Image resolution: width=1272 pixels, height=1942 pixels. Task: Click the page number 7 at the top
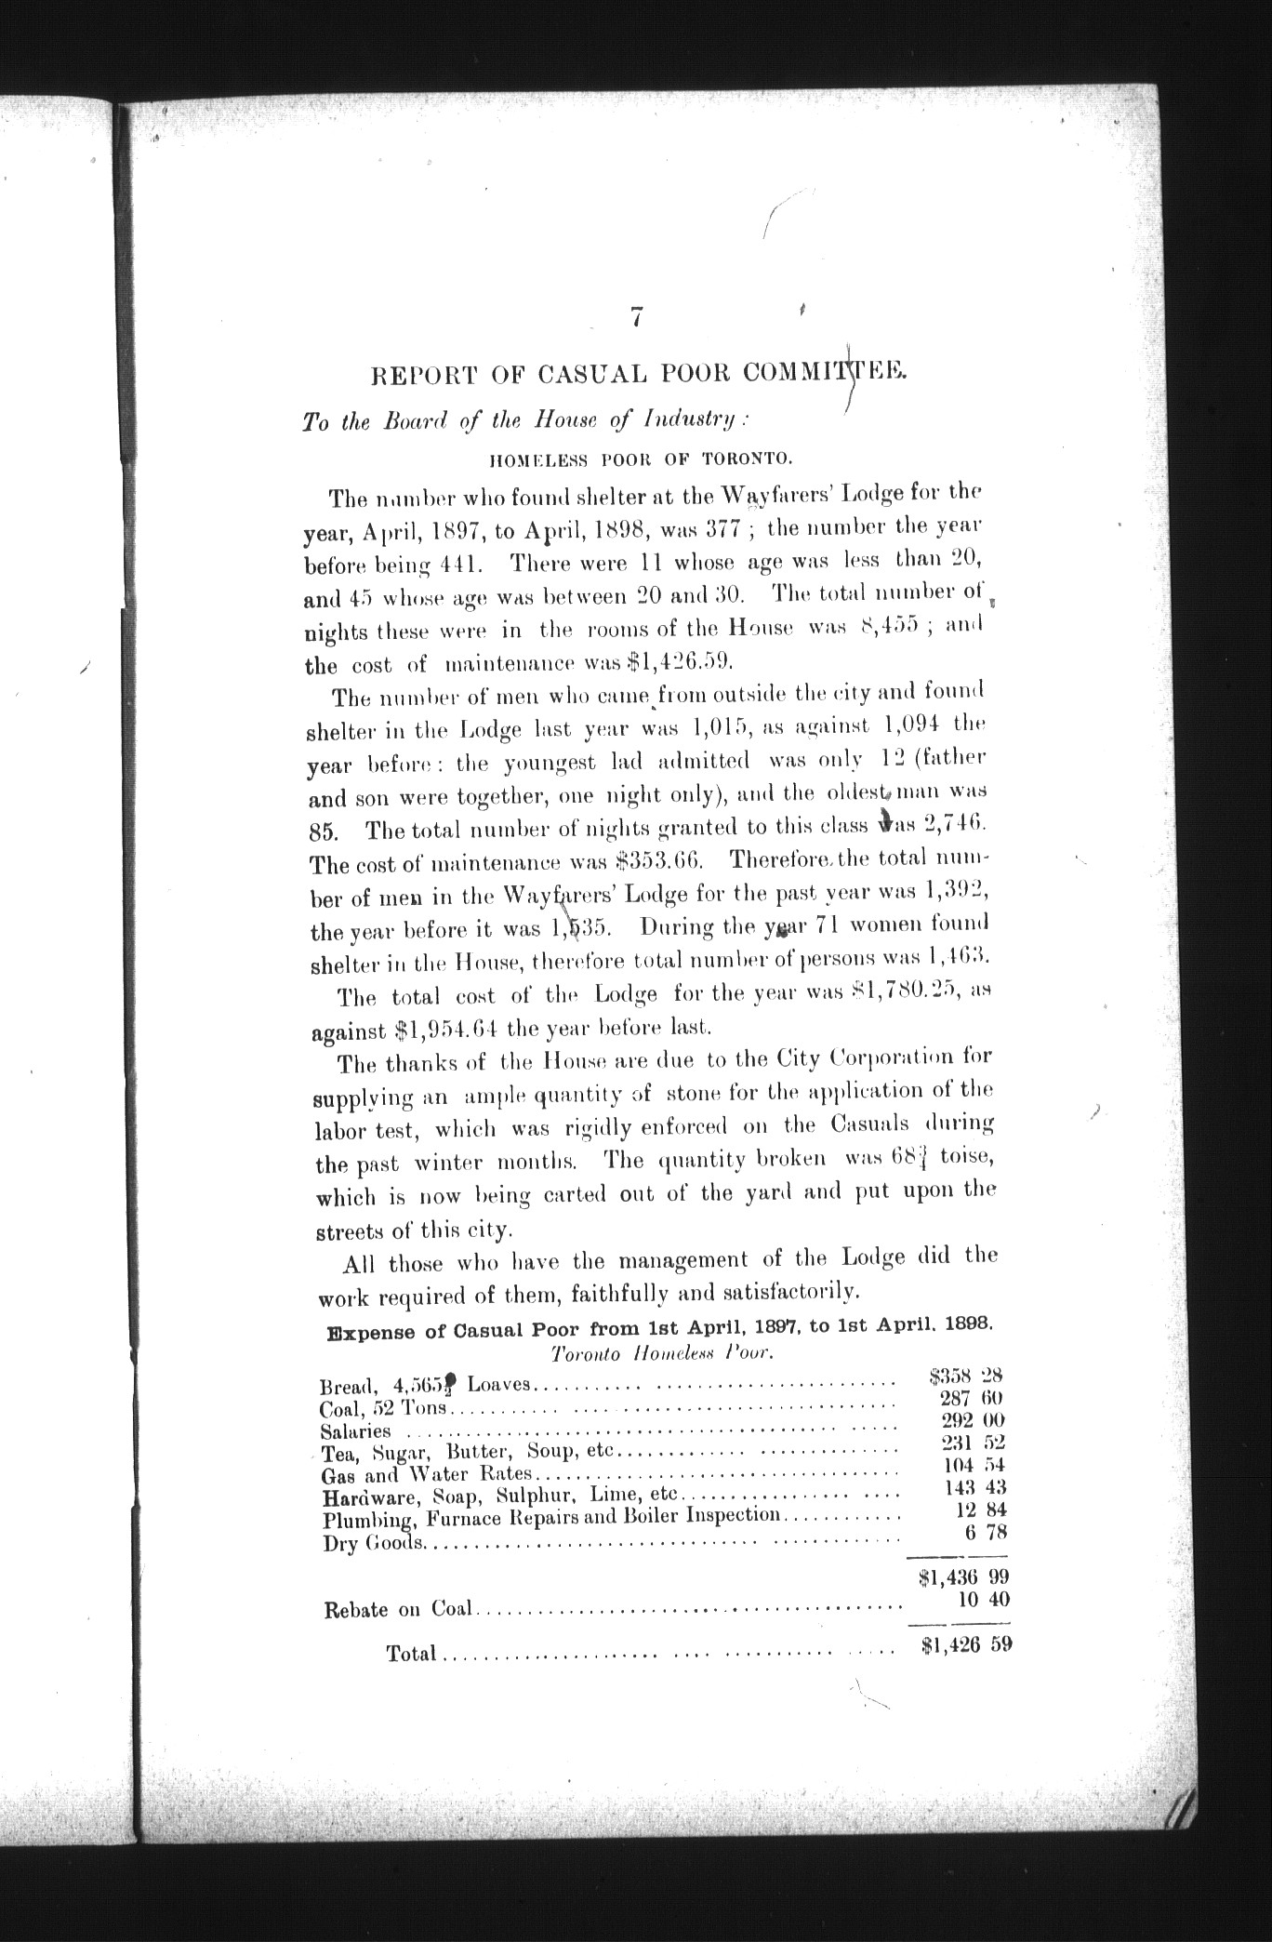point(636,317)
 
